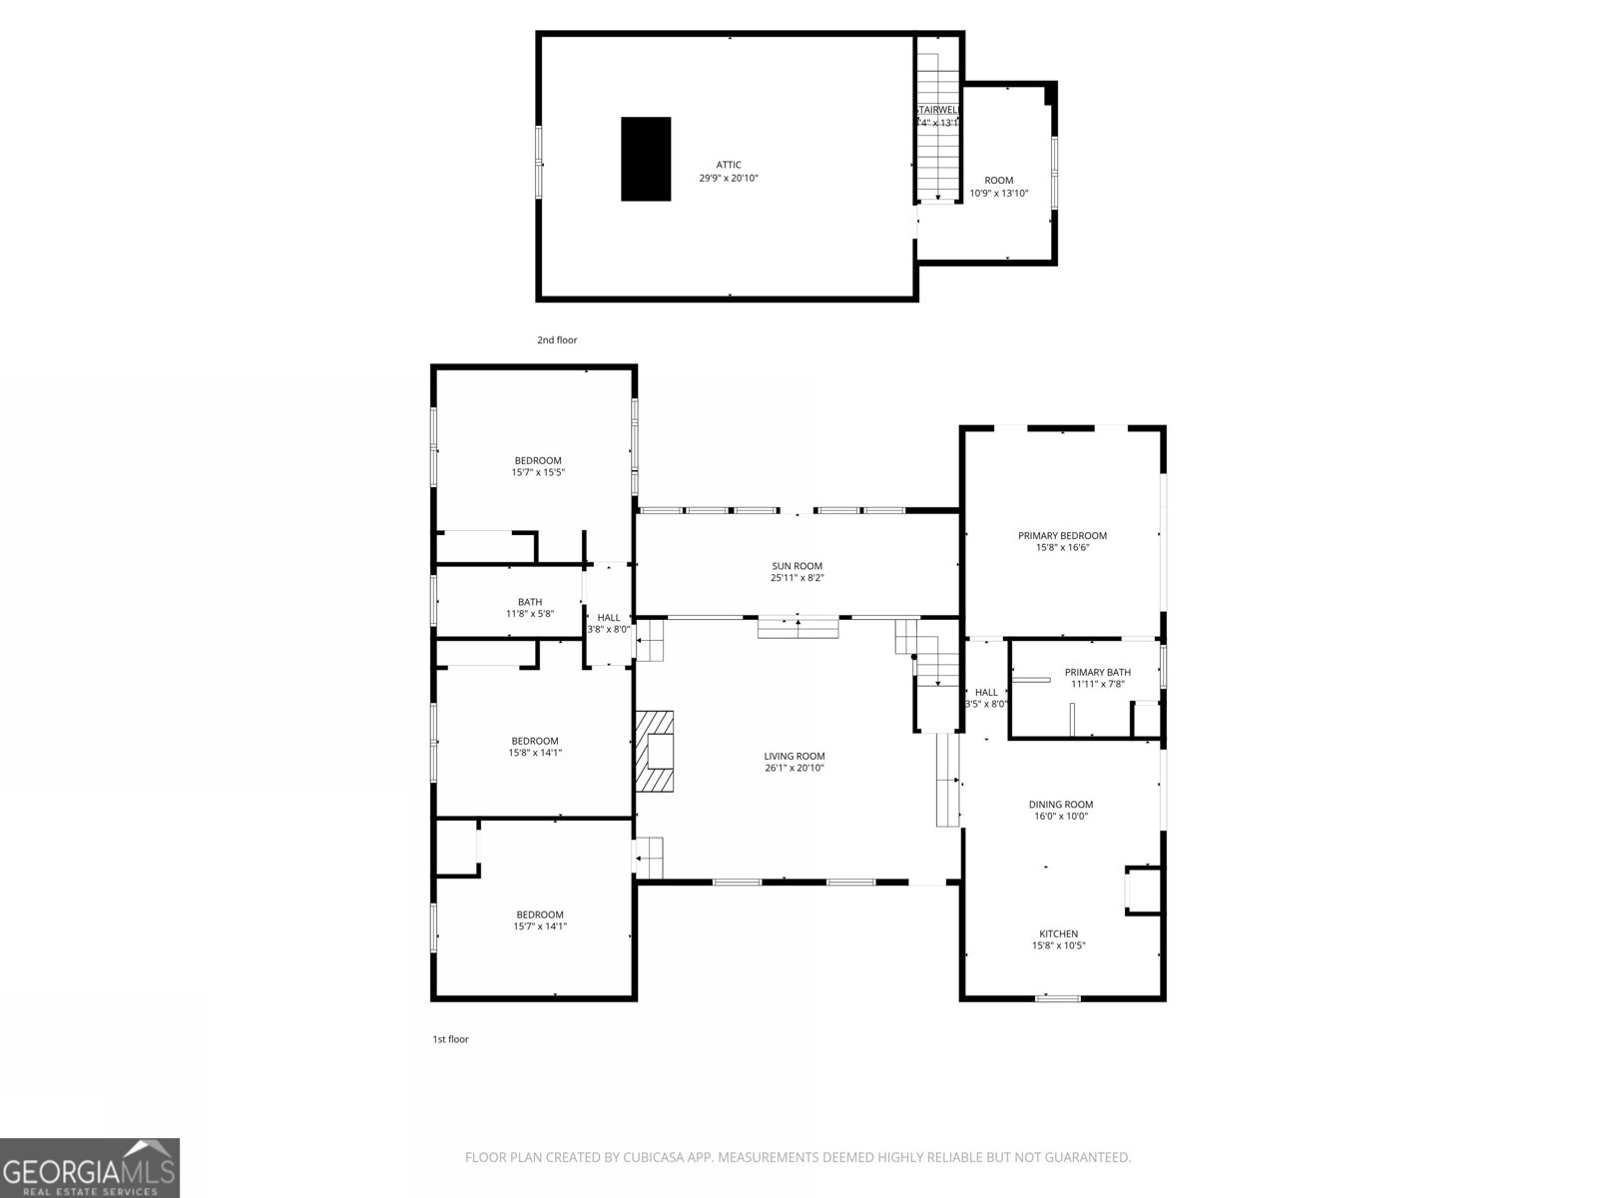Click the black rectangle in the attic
coord(646,159)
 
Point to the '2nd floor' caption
coord(557,340)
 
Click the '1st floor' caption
coord(450,1039)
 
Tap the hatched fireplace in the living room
coord(655,751)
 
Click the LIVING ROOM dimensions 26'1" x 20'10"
coord(795,768)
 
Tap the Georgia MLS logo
coord(90,1168)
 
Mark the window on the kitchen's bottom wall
coord(1058,997)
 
